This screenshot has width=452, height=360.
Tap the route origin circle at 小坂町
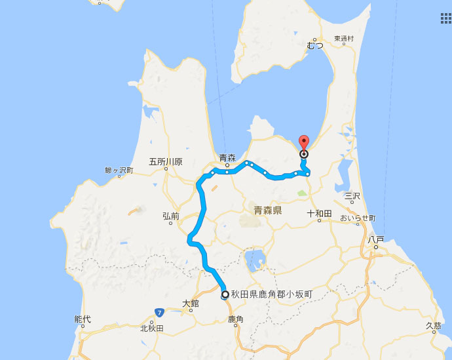(225, 294)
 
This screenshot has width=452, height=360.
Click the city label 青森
(227, 157)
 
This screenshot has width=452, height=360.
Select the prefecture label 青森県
(267, 210)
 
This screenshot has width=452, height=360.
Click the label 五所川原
(166, 161)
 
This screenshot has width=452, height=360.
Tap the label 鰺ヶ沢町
(119, 170)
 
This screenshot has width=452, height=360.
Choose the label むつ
(315, 45)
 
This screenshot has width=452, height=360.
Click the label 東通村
(343, 39)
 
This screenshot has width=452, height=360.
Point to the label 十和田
(319, 214)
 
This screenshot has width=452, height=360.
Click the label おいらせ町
(358, 217)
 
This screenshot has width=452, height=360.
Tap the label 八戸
(375, 240)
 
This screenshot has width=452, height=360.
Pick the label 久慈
(434, 325)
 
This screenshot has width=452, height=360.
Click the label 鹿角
(236, 319)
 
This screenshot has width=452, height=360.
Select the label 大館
(191, 304)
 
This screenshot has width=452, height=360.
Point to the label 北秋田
(151, 329)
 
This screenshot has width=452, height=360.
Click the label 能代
(83, 319)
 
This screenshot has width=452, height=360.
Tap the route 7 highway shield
(159, 311)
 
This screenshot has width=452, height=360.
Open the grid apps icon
(445, 18)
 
